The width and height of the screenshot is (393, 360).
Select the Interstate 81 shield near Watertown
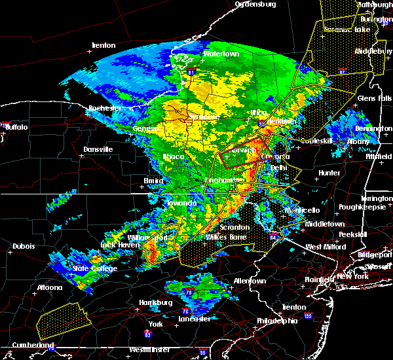(x=191, y=72)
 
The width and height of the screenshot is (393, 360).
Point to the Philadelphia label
(x=276, y=321)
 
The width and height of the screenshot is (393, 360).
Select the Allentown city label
(x=250, y=281)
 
